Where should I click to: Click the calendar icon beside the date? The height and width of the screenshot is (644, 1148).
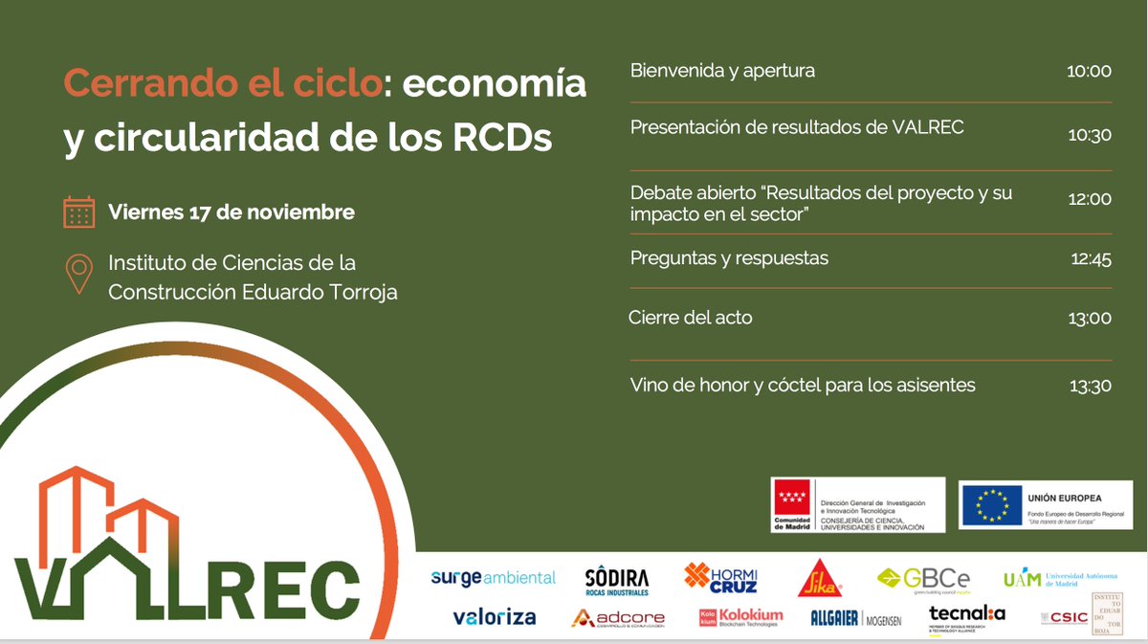78,211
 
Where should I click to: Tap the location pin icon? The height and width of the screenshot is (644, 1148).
78,275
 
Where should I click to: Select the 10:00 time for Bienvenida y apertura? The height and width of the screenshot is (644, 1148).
1090,72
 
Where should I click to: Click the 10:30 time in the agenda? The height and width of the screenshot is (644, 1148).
1090,136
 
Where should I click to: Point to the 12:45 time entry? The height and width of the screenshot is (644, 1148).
1090,259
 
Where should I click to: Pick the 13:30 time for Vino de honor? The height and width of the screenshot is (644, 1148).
1090,386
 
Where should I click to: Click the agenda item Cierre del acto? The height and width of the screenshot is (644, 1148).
691,318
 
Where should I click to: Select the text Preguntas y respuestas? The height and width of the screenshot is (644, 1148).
729,258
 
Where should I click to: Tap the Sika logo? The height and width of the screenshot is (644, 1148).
818,578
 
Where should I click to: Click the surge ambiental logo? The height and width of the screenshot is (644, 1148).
493,578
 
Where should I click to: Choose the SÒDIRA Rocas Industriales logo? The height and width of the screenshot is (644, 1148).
617,580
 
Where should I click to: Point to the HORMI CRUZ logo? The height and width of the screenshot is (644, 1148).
720,577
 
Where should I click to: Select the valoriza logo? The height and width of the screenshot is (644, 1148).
494,617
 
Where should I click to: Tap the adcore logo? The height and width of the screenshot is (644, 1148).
617,618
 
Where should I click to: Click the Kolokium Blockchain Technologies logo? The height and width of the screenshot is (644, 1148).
740,617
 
